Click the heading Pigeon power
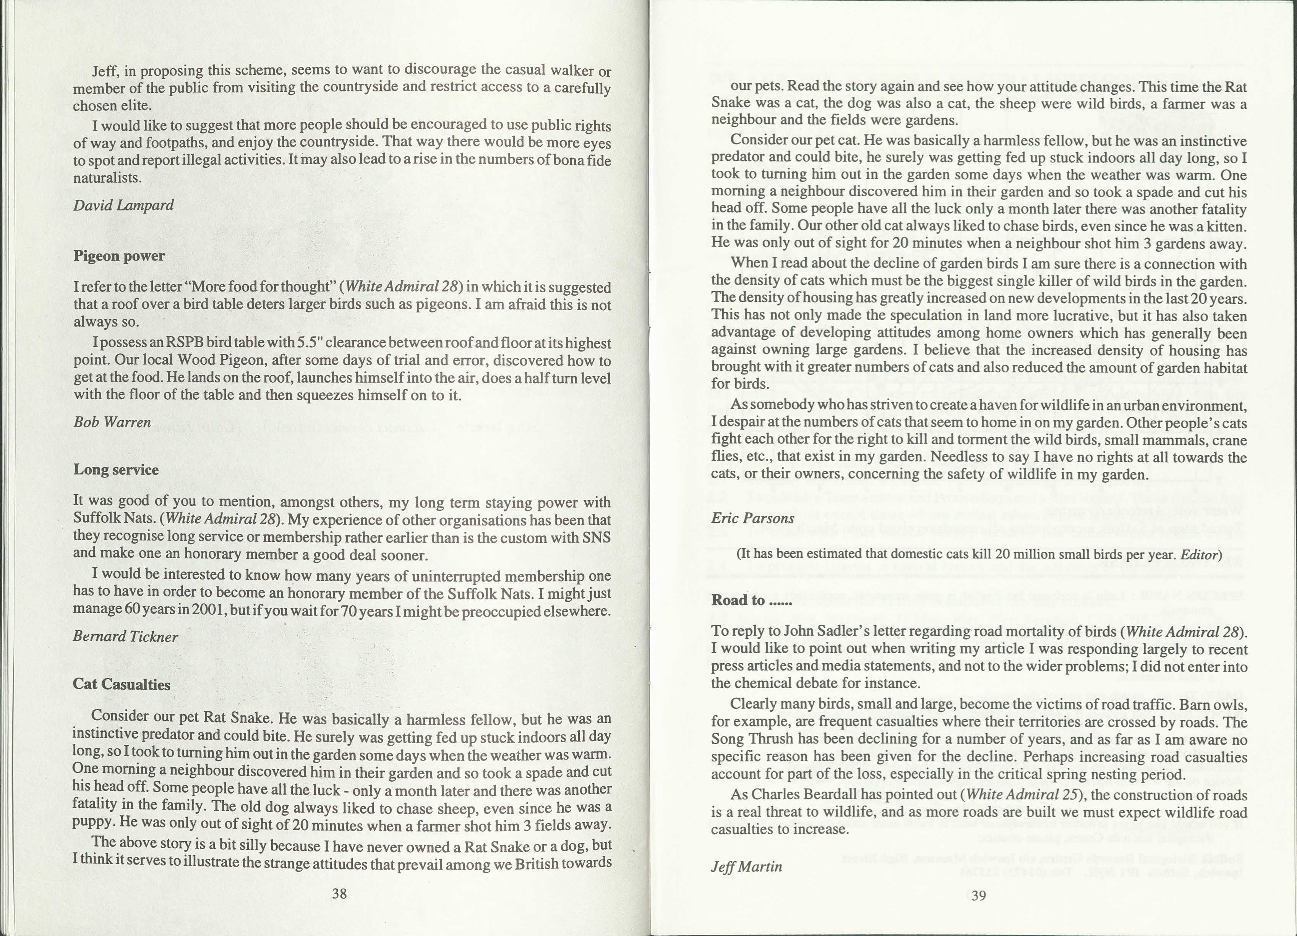[x=119, y=256]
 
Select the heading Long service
[x=116, y=470]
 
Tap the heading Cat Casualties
[x=121, y=684]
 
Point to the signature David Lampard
[x=123, y=205]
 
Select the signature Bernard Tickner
[x=125, y=636]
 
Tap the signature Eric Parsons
[x=752, y=518]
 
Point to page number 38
[x=339, y=893]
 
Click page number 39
[x=978, y=896]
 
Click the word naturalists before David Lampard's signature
[x=107, y=178]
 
